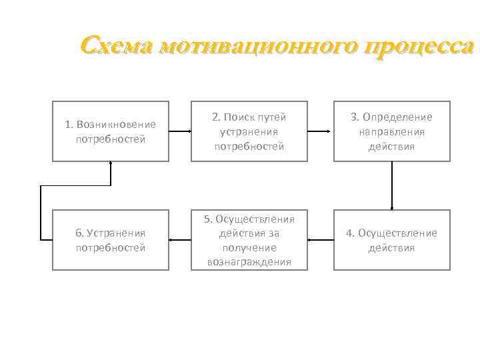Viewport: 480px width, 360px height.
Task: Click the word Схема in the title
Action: [x=117, y=46]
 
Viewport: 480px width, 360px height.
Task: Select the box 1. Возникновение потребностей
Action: [x=111, y=131]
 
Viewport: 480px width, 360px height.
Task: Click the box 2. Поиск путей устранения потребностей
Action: [x=249, y=131]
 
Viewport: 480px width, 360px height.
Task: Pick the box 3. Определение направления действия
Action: [x=391, y=131]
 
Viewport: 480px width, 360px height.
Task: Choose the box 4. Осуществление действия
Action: [x=391, y=240]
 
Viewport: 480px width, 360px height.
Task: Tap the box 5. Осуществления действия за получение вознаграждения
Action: [x=249, y=240]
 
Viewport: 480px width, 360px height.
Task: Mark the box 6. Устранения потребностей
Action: [x=111, y=240]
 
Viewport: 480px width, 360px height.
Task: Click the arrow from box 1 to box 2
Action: [x=180, y=131]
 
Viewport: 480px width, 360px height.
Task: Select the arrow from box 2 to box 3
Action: [x=321, y=131]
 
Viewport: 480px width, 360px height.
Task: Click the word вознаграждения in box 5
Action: [x=249, y=262]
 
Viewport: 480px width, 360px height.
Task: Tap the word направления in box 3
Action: [x=392, y=131]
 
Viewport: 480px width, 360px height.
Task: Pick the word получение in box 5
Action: [x=249, y=247]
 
